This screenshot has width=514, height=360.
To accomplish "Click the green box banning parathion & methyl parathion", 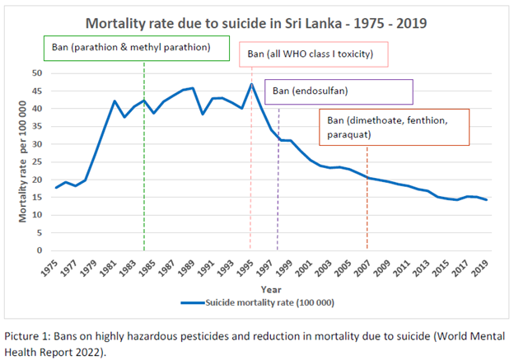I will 137,48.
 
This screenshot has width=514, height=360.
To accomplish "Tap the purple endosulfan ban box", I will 339,90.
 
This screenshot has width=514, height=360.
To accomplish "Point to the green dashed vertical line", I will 144,165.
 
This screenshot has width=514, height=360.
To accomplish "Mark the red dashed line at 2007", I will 367,206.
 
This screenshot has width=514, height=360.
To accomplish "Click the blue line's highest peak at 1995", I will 251,84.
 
